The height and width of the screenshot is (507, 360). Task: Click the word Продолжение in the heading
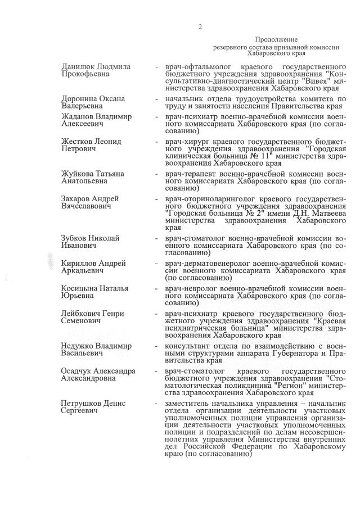pyautogui.click(x=276, y=40)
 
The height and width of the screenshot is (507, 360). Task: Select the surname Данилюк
pyautogui.click(x=79, y=66)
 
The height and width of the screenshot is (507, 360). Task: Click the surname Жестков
pyautogui.click(x=77, y=141)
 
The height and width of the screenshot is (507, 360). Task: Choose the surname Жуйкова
pyautogui.click(x=78, y=174)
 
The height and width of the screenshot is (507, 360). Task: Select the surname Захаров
pyautogui.click(x=76, y=198)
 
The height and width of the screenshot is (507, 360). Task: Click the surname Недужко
pyautogui.click(x=79, y=345)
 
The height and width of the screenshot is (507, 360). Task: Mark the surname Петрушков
pyautogui.click(x=83, y=403)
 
